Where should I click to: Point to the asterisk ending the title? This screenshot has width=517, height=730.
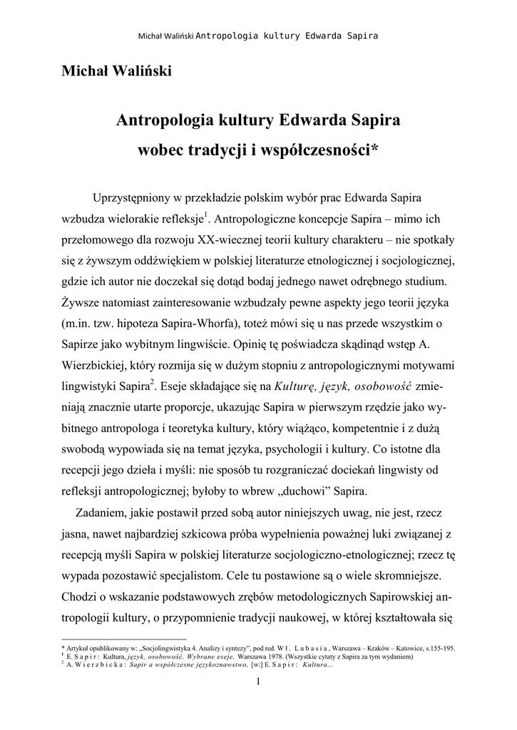(x=375, y=148)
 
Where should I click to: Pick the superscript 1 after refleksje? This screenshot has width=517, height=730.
(x=205, y=215)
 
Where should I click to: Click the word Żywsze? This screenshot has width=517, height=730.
(x=82, y=304)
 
